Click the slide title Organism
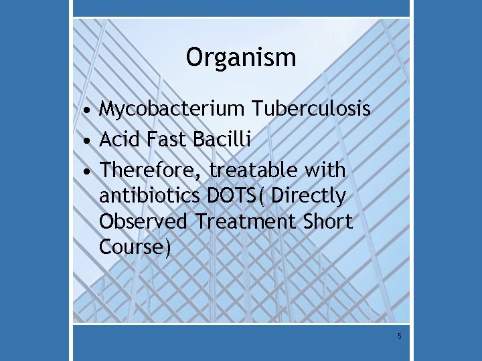pos(241,58)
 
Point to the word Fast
pos(168,140)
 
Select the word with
pos(324,170)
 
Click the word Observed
pos(144,222)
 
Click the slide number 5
pos(400,336)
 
